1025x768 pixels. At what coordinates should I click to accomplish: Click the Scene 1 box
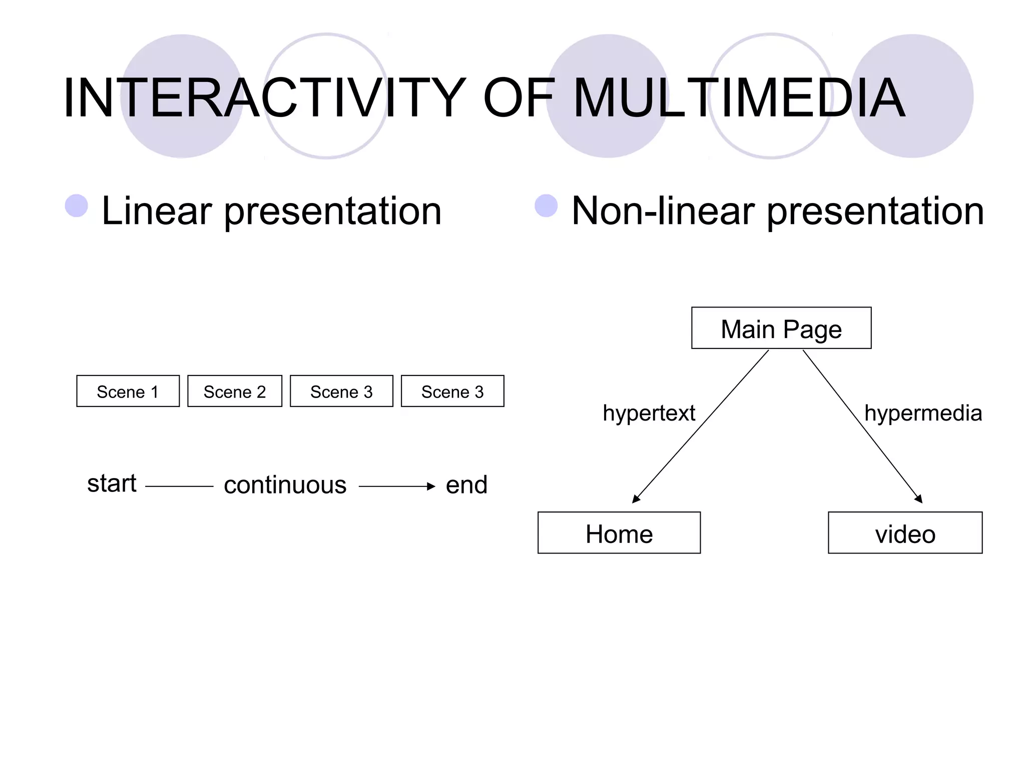click(128, 391)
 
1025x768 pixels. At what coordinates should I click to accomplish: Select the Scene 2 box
click(235, 391)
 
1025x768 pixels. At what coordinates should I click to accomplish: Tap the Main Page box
click(781, 328)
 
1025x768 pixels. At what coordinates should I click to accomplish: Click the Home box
click(619, 533)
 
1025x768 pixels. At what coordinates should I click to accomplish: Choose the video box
click(905, 533)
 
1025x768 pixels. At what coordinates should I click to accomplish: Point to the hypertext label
click(649, 413)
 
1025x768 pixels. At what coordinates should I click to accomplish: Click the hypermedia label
click(923, 413)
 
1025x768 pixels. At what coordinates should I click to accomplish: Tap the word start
click(112, 483)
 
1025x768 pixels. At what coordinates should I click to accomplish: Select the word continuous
click(285, 485)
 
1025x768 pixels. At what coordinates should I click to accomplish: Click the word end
click(466, 485)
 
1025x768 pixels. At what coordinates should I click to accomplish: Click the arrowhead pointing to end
click(431, 486)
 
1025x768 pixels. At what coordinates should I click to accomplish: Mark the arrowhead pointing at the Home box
click(636, 499)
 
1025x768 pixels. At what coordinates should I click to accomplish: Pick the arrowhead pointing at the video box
click(919, 499)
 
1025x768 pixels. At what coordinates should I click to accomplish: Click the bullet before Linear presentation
click(77, 205)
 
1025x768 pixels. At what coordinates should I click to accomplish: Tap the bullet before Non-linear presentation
click(546, 205)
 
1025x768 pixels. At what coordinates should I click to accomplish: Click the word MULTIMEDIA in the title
click(739, 97)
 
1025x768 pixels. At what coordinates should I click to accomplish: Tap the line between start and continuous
click(179, 486)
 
